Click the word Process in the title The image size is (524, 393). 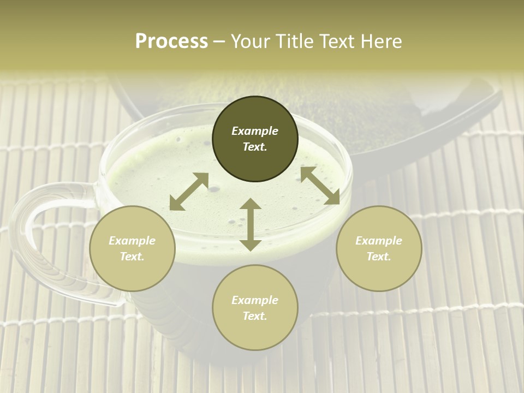pyautogui.click(x=171, y=41)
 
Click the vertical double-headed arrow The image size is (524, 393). pyautogui.click(x=250, y=224)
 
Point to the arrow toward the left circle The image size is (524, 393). pyautogui.click(x=189, y=192)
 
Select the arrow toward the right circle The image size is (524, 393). pyautogui.click(x=320, y=186)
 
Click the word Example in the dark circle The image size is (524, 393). pyautogui.click(x=255, y=131)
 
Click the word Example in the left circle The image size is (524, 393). pyautogui.click(x=132, y=241)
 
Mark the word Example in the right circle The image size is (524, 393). pyautogui.click(x=379, y=241)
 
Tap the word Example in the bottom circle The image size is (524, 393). pyautogui.click(x=255, y=300)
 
